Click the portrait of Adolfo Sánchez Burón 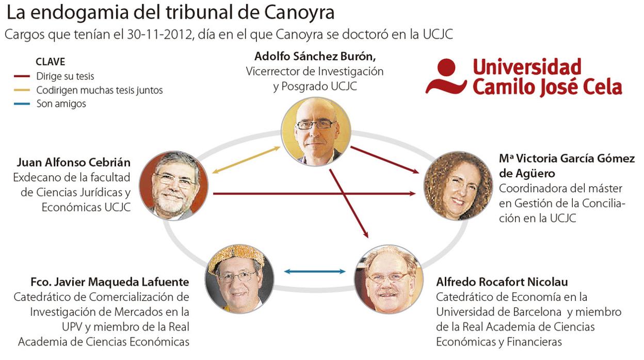pyautogui.click(x=316, y=131)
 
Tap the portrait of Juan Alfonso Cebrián pyautogui.click(x=173, y=186)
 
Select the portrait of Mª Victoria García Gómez pyautogui.click(x=458, y=186)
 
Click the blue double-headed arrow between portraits pyautogui.click(x=314, y=271)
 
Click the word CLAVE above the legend pyautogui.click(x=50, y=62)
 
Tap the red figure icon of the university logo pyautogui.click(x=443, y=76)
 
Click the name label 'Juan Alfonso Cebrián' pyautogui.click(x=73, y=163)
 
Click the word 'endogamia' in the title pyautogui.click(x=68, y=12)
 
